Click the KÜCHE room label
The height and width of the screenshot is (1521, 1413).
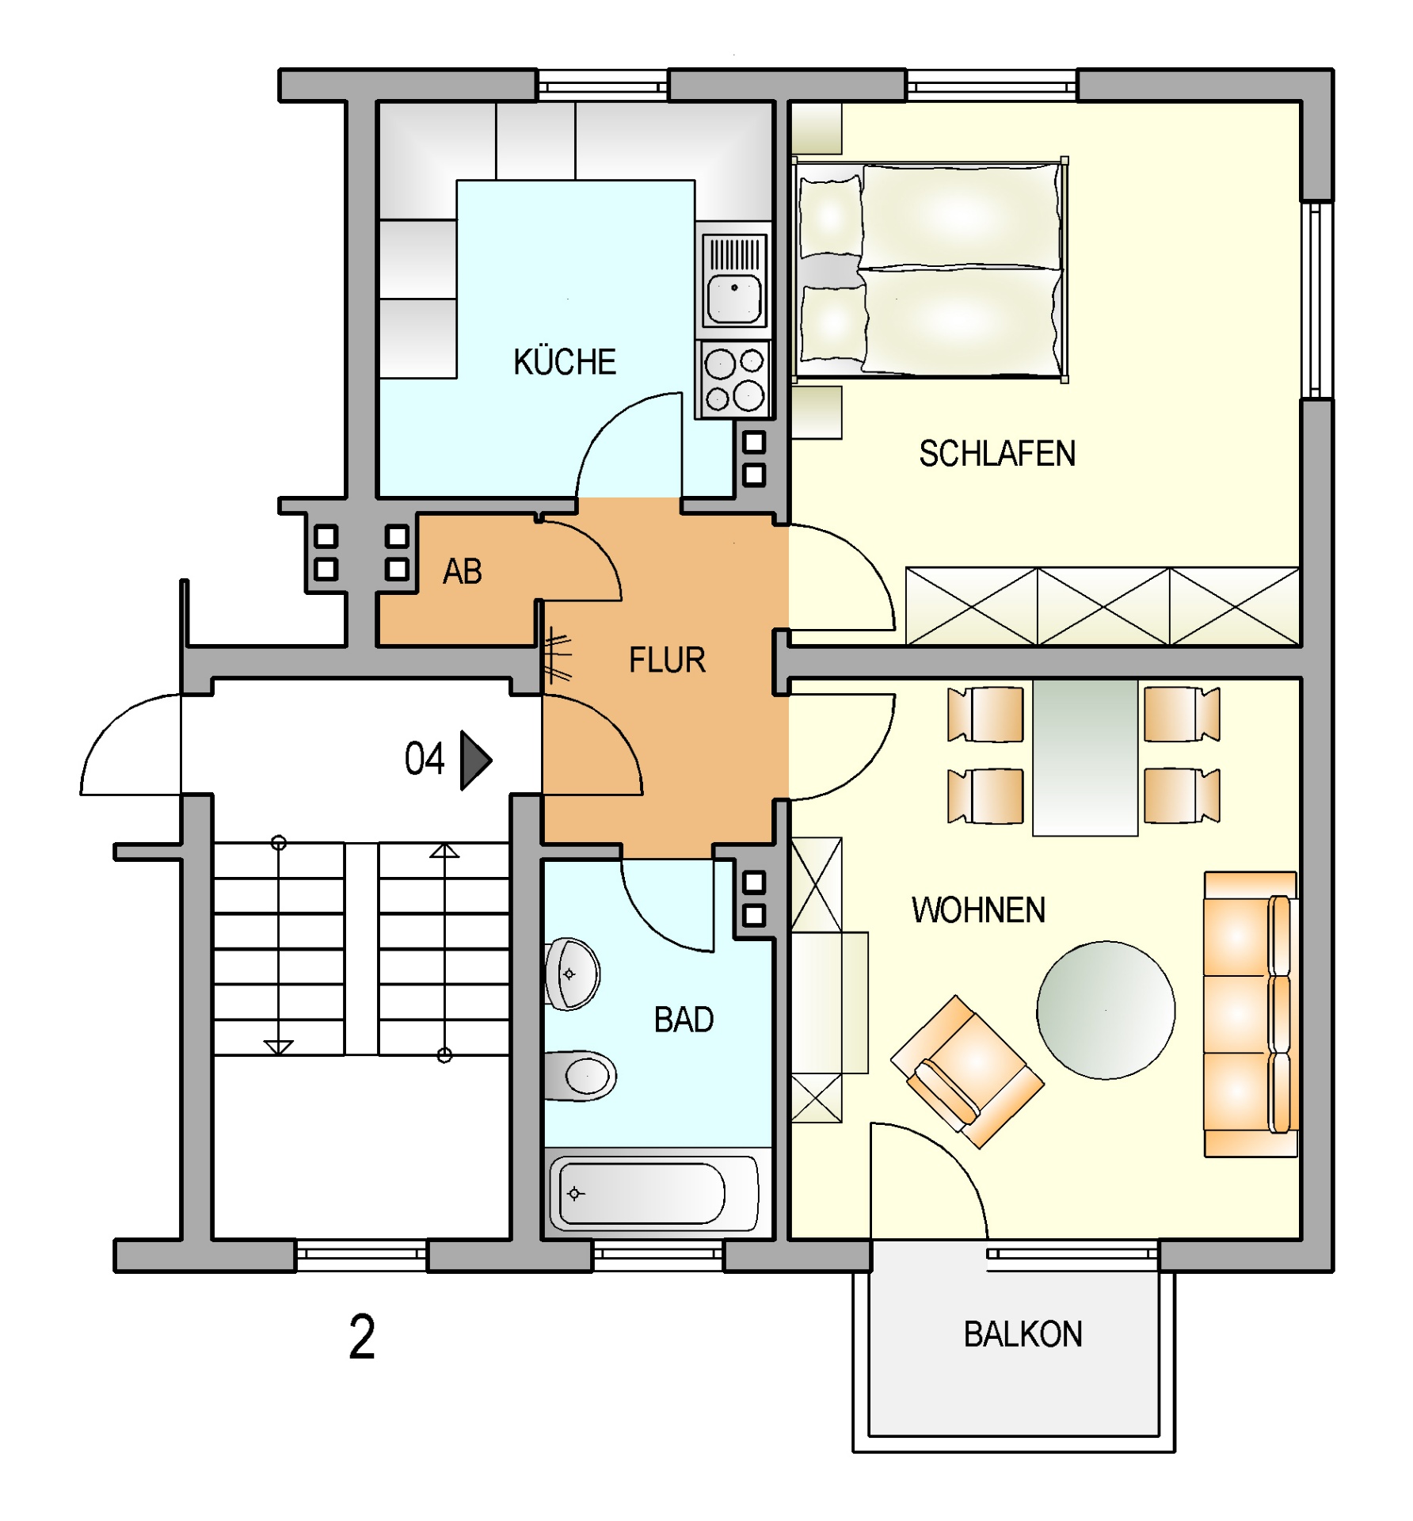click(x=565, y=362)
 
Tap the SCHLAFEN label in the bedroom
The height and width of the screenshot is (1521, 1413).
click(x=997, y=454)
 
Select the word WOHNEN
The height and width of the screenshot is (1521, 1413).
click(x=978, y=910)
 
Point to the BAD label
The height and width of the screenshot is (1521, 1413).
click(x=684, y=1020)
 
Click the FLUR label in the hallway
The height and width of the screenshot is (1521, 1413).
click(x=667, y=660)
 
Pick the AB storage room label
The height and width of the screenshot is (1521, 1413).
click(x=463, y=571)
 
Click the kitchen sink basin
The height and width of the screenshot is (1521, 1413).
click(x=734, y=299)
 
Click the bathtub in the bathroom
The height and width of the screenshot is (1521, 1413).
click(x=653, y=1194)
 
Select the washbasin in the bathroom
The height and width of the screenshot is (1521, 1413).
click(x=572, y=974)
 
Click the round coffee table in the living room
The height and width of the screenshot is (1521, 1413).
click(x=1106, y=1010)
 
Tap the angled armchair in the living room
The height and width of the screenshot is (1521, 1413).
click(x=967, y=1072)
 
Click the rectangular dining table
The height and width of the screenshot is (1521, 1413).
click(x=1085, y=757)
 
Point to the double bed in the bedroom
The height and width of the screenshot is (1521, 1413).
click(x=931, y=269)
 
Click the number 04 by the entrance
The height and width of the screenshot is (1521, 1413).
click(x=425, y=759)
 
